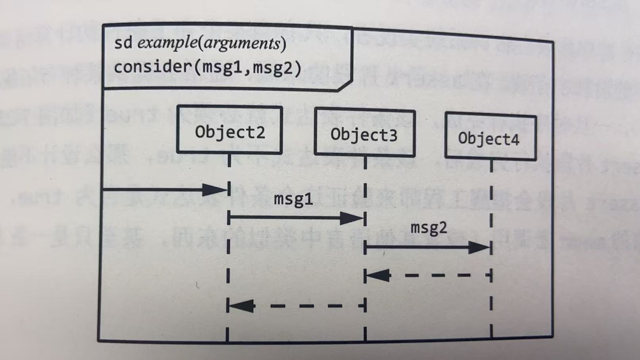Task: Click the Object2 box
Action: tap(229, 130)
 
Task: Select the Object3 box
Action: tap(364, 133)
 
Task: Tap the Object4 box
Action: tap(490, 137)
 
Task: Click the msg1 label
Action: tap(293, 199)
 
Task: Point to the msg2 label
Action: tap(429, 228)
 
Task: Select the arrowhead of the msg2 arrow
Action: tap(479, 248)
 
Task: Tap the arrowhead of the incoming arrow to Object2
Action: tap(215, 190)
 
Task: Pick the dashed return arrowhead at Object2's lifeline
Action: tap(241, 306)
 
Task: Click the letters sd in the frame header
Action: tap(123, 43)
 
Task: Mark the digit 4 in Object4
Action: tap(515, 139)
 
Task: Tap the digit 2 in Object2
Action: tap(260, 132)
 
